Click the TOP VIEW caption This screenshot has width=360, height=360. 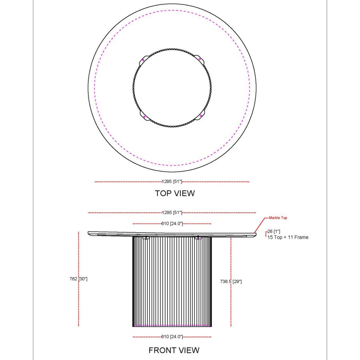(x=175, y=193)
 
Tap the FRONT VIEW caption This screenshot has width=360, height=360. (x=174, y=350)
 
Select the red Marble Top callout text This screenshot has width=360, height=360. (x=278, y=218)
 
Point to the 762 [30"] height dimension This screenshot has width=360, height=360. (x=78, y=278)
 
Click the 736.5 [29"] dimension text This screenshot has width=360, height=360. (x=231, y=282)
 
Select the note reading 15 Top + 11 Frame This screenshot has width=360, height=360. (x=288, y=237)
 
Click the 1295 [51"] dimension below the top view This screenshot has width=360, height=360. (x=172, y=182)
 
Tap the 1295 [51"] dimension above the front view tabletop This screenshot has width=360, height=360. (x=172, y=212)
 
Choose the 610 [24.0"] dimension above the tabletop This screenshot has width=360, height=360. (x=172, y=224)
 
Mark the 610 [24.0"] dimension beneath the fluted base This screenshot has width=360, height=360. (x=172, y=337)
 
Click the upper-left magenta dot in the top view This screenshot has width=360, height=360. (x=143, y=60)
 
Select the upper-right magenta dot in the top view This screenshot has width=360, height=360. (x=200, y=60)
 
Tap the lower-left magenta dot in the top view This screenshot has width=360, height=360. (x=144, y=116)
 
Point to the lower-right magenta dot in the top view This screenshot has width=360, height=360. (x=200, y=116)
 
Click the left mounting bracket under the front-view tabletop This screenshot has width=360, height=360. (x=146, y=238)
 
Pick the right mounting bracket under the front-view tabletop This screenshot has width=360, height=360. (x=198, y=238)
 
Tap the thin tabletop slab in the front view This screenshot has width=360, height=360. (x=172, y=233)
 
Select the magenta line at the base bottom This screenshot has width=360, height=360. (x=172, y=326)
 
